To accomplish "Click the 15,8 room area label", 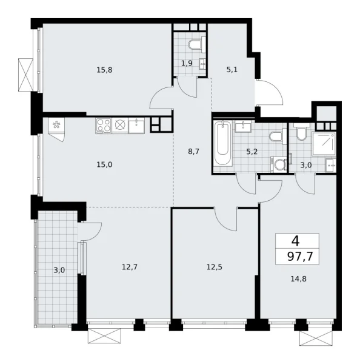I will [104, 69].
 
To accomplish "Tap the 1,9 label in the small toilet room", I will [187, 62].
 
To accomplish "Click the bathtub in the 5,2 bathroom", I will [222, 146].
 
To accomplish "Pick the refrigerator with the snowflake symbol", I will [58, 127].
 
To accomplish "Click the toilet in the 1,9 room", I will [195, 45].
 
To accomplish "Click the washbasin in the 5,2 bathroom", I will [245, 126].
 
